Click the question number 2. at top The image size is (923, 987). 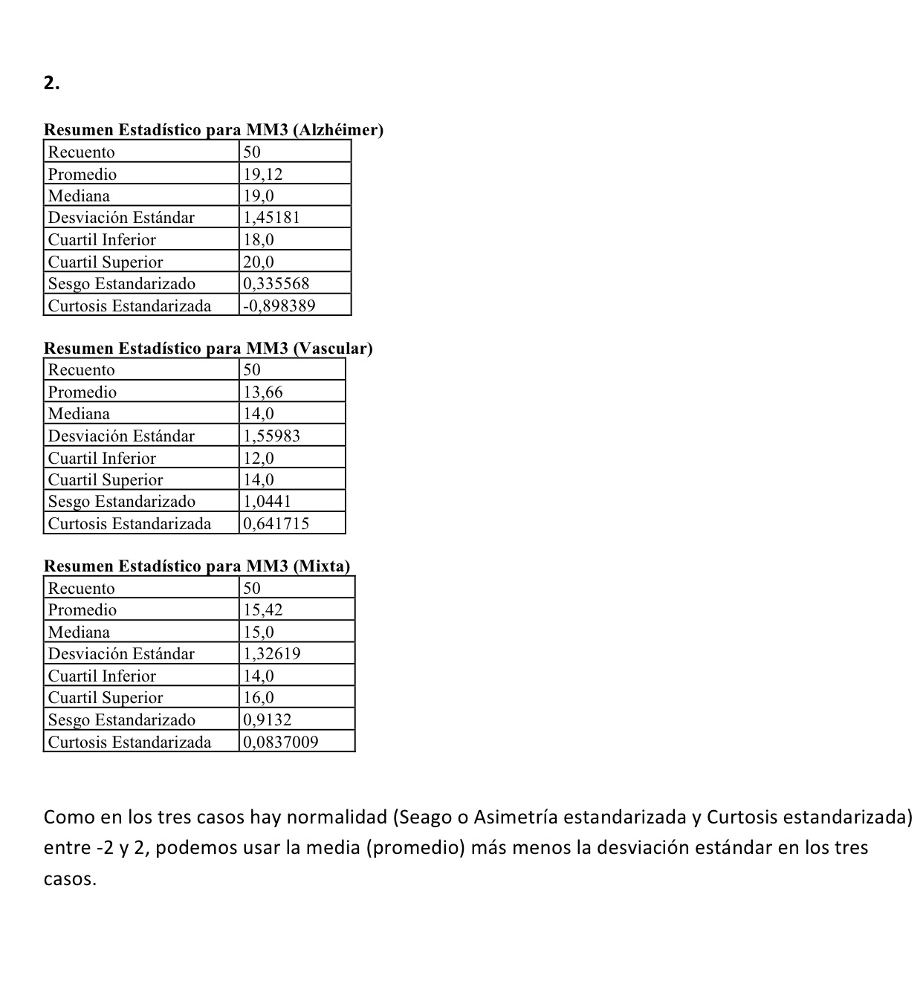pos(51,83)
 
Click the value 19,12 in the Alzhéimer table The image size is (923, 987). pos(263,174)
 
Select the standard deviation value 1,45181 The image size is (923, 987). pos(271,218)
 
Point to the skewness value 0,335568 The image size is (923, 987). pos(276,283)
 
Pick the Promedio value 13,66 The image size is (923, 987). pos(263,392)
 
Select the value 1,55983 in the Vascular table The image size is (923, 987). pos(271,436)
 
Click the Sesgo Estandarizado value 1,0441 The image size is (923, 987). pos(268,501)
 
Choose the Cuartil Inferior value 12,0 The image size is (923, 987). pos(259,458)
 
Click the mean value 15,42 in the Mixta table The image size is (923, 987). pos(263,610)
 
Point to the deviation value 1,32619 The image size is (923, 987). pos(271,654)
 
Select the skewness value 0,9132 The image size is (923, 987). pos(268,719)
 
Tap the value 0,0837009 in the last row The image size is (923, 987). pos(281,742)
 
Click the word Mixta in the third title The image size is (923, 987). pos(322,566)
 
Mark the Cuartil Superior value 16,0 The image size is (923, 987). pos(259,697)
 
